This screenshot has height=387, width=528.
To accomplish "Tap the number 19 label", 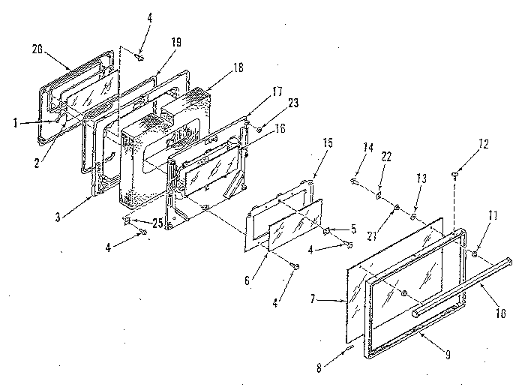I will point(175,43).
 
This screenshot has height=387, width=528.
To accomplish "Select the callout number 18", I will point(238,67).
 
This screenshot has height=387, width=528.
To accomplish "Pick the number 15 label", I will point(327,163).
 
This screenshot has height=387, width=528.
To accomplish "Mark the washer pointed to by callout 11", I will point(475,255).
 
